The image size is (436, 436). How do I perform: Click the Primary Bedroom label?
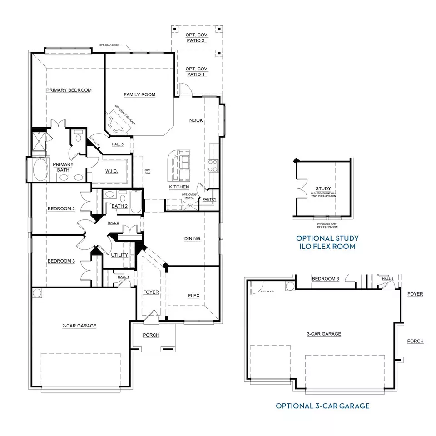tap(69, 90)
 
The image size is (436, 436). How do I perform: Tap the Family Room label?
tap(139, 94)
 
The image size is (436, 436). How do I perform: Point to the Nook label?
tap(196, 120)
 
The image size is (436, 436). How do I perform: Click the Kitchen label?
tap(179, 187)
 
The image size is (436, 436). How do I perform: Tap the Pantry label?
tap(209, 199)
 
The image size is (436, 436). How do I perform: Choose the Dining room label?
tap(192, 238)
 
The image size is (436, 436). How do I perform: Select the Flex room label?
tap(194, 296)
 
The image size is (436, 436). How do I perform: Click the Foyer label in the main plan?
tap(151, 292)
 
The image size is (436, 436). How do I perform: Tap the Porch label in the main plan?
tap(151, 335)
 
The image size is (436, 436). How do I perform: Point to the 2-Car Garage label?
tap(79, 325)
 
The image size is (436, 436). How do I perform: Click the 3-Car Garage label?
tap(324, 334)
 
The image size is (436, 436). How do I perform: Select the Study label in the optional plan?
tap(323, 188)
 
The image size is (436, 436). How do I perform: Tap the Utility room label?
tap(119, 255)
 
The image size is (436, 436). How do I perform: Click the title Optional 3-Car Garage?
tap(322, 406)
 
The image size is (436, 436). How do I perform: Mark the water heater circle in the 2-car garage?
tap(37, 292)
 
